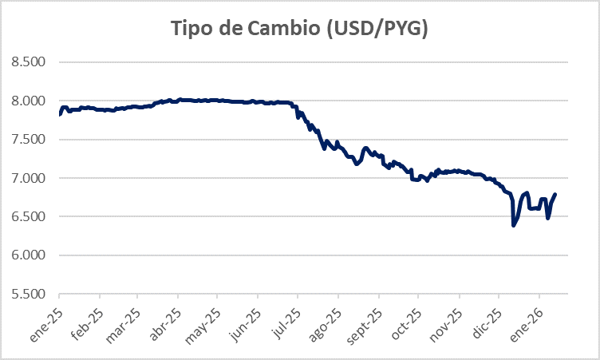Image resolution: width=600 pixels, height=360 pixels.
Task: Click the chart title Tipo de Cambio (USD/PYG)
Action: [299, 29]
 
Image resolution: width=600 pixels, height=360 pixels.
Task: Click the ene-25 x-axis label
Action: [47, 318]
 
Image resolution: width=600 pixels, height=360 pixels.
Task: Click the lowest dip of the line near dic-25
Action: [513, 225]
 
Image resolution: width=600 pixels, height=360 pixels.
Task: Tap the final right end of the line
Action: [555, 194]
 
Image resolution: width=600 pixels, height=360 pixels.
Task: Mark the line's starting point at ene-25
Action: [61, 114]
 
